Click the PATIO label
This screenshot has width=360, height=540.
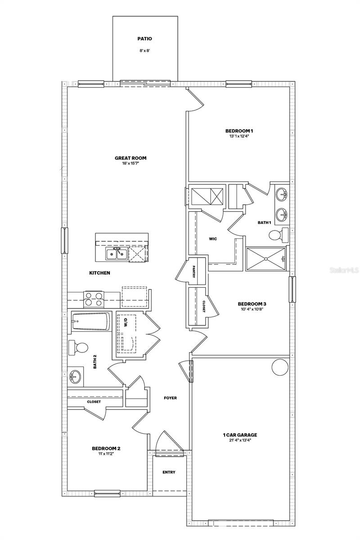145,39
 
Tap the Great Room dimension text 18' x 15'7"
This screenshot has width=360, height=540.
130,164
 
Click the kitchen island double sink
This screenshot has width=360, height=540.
116,254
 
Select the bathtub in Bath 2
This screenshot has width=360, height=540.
90,322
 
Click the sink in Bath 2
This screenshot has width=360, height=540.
75,377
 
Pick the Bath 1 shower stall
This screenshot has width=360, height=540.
266,259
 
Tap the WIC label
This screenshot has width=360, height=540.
213,238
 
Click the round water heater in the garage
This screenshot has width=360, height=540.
279,367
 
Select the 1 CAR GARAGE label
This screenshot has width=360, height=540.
240,435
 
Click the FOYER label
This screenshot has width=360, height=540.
170,398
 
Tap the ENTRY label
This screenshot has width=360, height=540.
169,472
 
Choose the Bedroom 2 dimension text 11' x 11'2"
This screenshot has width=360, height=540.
106,454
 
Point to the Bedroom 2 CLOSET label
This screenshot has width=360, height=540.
94,401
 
